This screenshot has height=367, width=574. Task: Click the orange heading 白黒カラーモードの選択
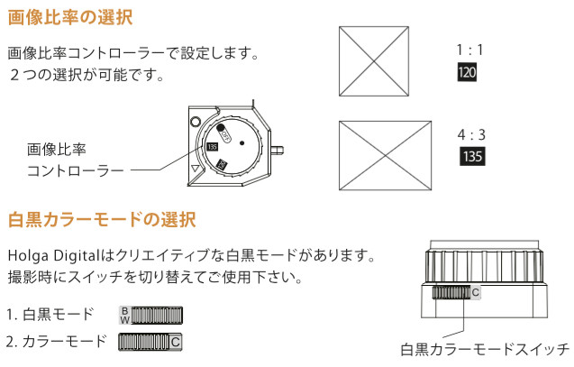[102, 219]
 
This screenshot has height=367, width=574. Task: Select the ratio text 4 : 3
[472, 134]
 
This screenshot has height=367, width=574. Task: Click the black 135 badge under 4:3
[472, 156]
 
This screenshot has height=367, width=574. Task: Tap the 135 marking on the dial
[213, 147]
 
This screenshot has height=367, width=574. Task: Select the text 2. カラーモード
[55, 342]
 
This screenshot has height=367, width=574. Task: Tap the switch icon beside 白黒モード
[150, 315]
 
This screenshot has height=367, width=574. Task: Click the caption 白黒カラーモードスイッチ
[485, 349]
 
